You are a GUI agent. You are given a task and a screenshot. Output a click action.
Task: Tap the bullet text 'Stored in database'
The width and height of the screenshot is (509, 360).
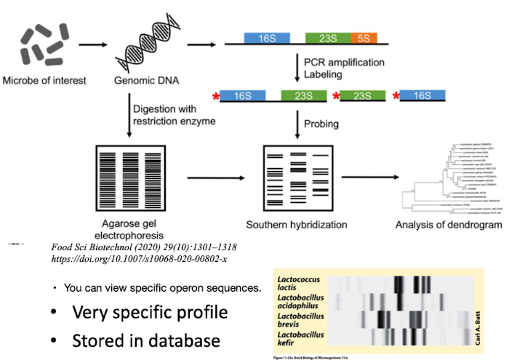coord(138,340)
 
